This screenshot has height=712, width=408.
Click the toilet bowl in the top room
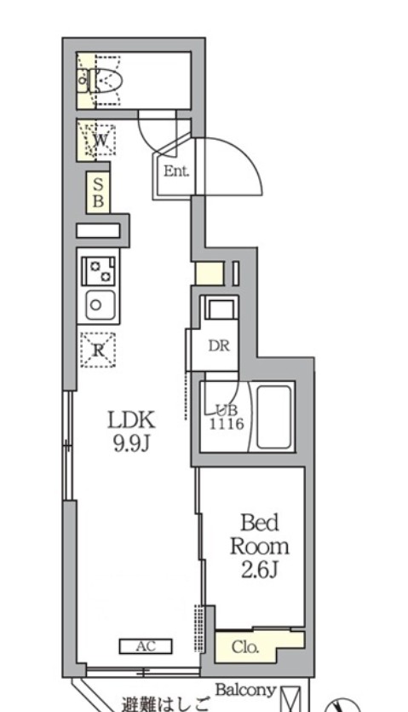[x=107, y=81]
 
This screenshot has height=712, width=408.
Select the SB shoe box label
[x=98, y=192]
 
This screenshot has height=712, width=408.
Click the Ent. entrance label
[x=176, y=171]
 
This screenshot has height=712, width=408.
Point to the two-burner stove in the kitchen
[x=99, y=271]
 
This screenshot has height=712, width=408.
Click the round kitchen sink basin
[x=95, y=304]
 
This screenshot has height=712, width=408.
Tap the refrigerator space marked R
[x=98, y=350]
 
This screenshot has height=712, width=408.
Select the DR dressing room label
[x=219, y=346]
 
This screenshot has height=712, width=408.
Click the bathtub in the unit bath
[x=273, y=416]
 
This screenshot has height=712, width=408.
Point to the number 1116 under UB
[x=227, y=425]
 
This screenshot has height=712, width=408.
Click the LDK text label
[x=132, y=420]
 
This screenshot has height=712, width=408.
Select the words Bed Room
[x=259, y=535]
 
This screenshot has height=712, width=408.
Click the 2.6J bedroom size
[x=259, y=570]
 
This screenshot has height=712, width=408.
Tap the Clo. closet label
[x=245, y=646]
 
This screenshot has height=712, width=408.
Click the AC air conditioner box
[x=146, y=646]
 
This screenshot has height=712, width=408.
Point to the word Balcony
[x=245, y=690]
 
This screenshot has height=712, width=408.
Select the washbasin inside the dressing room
[x=221, y=308]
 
